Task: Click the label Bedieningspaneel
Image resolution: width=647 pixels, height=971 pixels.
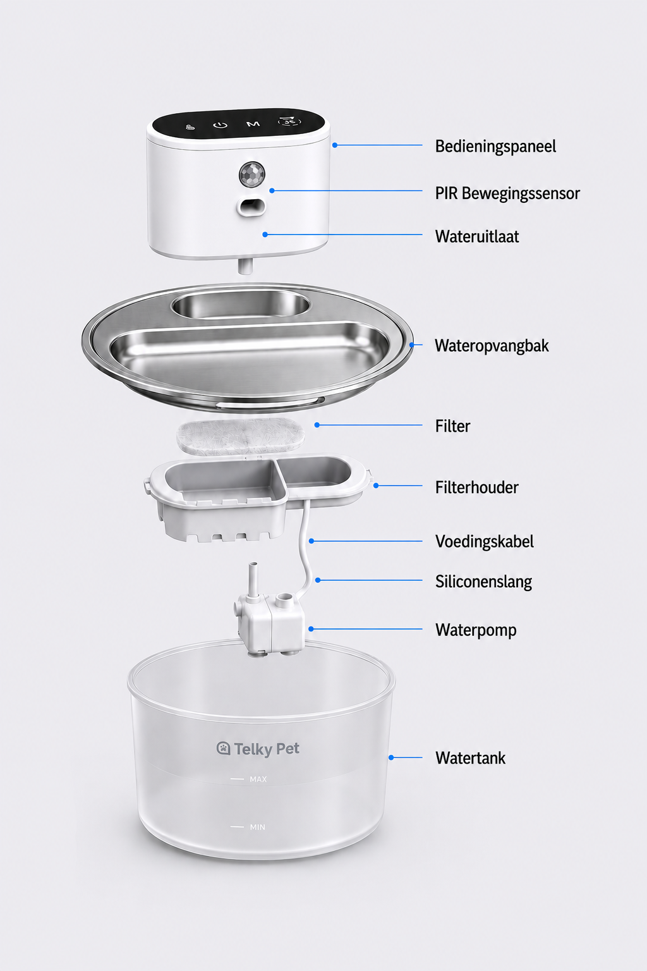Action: tap(495, 146)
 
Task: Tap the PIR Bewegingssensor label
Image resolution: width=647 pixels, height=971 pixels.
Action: tap(507, 193)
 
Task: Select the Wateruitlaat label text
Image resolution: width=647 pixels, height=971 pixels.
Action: tap(476, 236)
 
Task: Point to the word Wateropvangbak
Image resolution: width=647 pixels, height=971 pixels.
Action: tap(492, 346)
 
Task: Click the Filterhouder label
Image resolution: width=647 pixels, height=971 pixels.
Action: tap(476, 487)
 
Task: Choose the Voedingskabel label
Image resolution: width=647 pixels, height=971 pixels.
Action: tap(485, 541)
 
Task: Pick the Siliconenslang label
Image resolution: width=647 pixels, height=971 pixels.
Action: tap(483, 582)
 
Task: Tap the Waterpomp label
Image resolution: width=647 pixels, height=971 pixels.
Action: tap(476, 630)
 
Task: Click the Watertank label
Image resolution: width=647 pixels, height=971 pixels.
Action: tap(470, 758)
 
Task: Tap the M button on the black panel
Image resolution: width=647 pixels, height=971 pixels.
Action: tap(253, 124)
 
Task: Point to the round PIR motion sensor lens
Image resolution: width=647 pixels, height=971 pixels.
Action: tap(251, 174)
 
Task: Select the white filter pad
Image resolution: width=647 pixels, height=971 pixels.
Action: tap(240, 436)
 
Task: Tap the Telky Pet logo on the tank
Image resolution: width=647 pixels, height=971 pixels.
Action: tap(258, 748)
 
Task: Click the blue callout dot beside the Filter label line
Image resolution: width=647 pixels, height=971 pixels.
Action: tap(317, 425)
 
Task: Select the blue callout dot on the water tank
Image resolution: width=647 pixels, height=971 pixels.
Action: tap(391, 758)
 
